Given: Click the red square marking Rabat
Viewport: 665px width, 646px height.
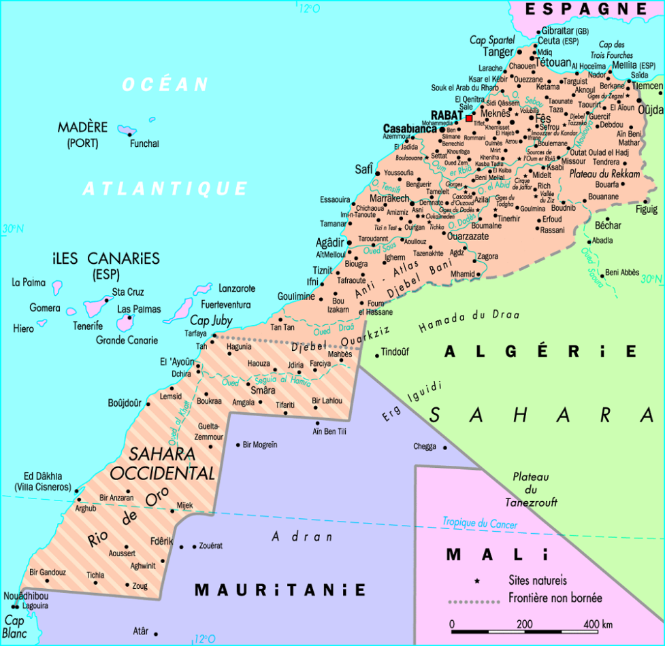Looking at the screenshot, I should pos(468,118).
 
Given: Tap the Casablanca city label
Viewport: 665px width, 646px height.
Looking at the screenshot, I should pos(410,129).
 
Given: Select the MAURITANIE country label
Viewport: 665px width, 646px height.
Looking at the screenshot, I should pos(280,590).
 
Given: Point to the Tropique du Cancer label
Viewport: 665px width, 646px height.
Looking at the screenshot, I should pos(480,524).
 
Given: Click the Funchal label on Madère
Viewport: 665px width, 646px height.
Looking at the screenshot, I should pos(144,143).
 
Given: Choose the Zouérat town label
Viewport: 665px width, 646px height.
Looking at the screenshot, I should pos(210,545).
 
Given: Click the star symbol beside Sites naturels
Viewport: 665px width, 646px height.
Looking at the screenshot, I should pos(477,581).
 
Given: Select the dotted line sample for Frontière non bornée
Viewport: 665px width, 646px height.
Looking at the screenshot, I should pos(474,601).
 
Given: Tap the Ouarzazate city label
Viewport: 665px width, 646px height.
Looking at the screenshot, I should pos(468,236).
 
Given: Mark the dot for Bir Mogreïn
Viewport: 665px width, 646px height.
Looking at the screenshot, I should pos(238,445).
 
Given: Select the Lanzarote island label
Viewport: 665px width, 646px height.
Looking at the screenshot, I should pos(237,288).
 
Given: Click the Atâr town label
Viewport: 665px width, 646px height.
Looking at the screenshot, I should pos(140,630).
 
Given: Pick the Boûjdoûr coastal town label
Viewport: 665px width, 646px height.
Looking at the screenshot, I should pos(125,403).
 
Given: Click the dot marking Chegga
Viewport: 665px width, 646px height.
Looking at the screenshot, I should pos(446,447).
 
